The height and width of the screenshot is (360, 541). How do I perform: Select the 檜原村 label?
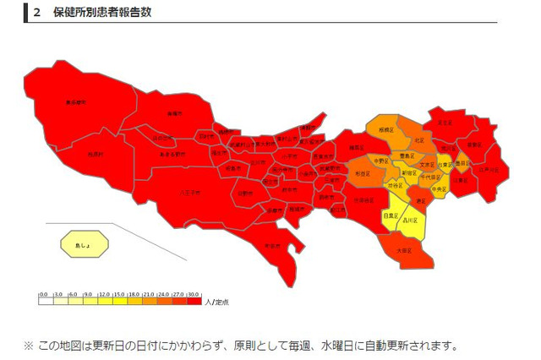coord(95,154)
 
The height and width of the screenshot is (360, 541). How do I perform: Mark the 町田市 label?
coord(272,245)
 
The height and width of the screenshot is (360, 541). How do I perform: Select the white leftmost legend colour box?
coord(44,300)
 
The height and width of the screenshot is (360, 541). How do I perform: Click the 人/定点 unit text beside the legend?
coord(219,300)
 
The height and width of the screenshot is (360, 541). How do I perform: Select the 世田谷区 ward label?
coord(362,200)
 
